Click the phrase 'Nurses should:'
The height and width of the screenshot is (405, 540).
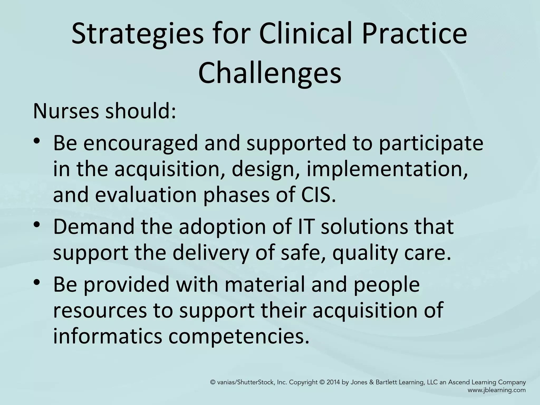pos(104,111)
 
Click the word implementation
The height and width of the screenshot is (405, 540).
pos(387,169)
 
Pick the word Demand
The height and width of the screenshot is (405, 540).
pos(94,226)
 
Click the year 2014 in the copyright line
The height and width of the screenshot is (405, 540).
pos(333,382)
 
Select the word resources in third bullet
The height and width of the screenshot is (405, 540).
pos(100,310)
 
